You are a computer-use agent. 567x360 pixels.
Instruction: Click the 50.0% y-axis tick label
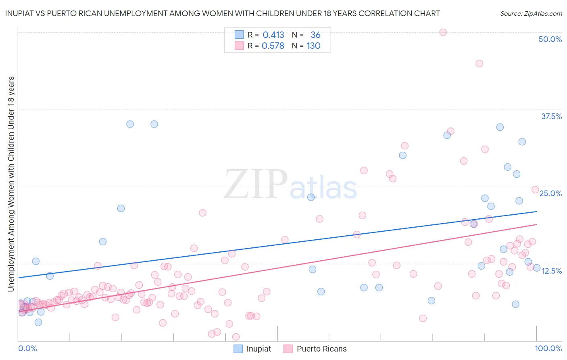[550, 39]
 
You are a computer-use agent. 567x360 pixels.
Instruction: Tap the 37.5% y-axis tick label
[551, 116]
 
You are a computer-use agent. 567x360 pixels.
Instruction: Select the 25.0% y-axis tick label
[550, 193]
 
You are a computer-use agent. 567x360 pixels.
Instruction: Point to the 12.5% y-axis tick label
[551, 271]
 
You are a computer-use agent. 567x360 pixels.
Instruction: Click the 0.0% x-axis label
[27, 348]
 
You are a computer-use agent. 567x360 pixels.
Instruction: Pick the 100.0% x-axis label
[548, 348]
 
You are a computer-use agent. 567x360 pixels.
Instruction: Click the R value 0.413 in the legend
[273, 35]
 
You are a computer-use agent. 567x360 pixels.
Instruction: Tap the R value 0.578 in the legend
[273, 46]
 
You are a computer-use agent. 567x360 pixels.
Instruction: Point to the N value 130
[313, 46]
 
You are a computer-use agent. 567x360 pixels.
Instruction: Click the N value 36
[315, 35]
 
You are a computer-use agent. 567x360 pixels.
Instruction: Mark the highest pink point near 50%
[443, 32]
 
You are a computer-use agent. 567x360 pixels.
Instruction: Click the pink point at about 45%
[479, 63]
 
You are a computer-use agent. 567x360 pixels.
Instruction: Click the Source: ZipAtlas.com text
[531, 13]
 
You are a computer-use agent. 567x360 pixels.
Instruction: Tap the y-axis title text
[11, 184]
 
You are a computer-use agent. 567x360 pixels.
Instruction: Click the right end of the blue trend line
[537, 211]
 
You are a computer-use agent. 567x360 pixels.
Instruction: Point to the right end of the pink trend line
[537, 224]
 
